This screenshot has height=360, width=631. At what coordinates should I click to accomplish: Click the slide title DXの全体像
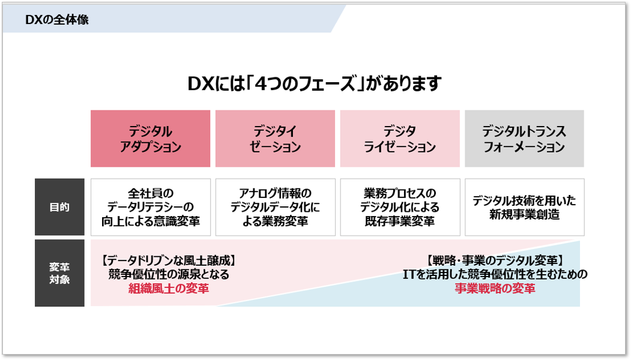click(57, 20)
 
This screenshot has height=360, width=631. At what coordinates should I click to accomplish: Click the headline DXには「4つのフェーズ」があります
click(315, 83)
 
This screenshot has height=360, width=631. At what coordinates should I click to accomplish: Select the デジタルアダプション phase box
click(150, 139)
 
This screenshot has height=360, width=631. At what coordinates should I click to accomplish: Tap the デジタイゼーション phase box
click(275, 139)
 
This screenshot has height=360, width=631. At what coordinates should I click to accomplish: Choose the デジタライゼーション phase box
click(400, 139)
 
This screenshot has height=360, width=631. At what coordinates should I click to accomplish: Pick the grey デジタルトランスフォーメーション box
click(524, 139)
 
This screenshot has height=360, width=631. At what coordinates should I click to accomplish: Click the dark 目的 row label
click(59, 207)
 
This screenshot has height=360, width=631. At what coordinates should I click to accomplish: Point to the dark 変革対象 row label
click(59, 273)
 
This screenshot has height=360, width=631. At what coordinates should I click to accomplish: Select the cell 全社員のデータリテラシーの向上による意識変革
click(151, 207)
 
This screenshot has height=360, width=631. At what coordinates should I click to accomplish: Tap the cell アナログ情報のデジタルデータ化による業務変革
click(275, 207)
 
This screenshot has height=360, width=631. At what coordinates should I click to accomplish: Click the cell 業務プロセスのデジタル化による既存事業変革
click(400, 207)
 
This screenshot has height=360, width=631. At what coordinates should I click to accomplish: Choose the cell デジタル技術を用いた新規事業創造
click(524, 207)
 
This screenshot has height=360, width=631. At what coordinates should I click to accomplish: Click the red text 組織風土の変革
click(169, 289)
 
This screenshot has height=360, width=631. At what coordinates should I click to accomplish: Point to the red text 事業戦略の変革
click(495, 289)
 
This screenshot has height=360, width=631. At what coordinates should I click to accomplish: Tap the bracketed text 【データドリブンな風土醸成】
click(169, 260)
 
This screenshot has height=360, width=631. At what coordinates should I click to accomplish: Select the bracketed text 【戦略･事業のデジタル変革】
click(495, 260)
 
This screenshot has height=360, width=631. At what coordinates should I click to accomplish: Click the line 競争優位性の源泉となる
click(169, 274)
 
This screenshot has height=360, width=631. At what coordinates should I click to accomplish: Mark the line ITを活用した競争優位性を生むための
click(495, 274)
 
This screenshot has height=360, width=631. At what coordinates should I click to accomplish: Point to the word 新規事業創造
click(524, 214)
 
